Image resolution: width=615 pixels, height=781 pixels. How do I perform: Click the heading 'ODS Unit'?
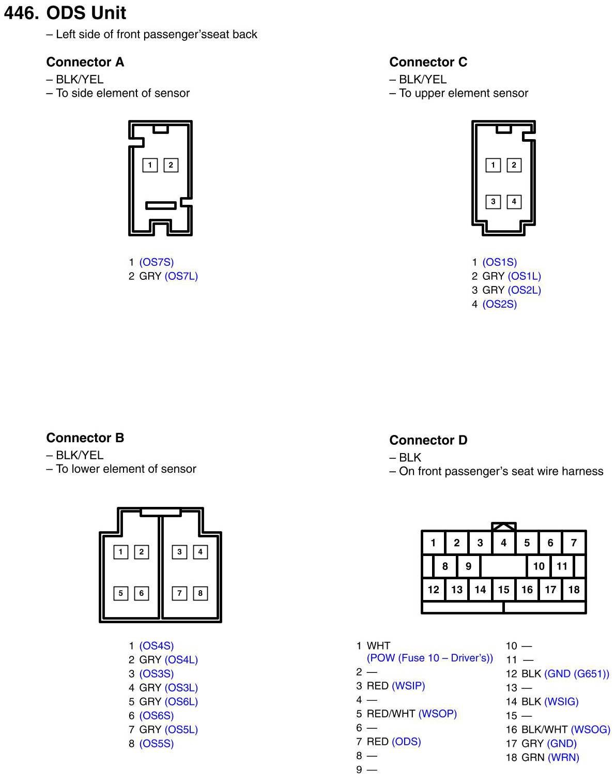tap(86, 13)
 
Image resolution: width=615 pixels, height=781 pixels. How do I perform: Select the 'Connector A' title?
tap(85, 62)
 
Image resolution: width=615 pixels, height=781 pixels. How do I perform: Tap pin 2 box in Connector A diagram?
tap(171, 165)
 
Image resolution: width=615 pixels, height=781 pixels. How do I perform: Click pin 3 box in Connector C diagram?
tap(493, 201)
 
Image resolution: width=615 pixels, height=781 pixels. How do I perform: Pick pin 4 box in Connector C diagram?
tap(514, 201)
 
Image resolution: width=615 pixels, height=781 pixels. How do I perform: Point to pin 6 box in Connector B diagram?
tap(141, 593)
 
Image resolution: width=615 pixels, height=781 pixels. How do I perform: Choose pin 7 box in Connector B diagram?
tap(179, 593)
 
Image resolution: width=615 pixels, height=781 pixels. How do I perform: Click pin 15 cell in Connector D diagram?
tap(503, 589)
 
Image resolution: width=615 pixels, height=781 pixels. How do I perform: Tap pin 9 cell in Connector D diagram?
tap(468, 566)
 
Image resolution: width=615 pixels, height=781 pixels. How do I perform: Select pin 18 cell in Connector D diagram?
tap(574, 589)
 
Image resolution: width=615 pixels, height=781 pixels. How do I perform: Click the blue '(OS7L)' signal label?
tap(181, 276)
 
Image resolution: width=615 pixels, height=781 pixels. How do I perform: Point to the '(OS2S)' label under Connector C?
tap(499, 304)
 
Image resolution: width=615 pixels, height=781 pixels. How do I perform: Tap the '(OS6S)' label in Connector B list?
tap(156, 716)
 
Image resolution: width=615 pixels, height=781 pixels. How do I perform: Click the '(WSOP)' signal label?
tap(437, 714)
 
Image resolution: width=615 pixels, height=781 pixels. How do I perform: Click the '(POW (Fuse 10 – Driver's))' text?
tap(429, 658)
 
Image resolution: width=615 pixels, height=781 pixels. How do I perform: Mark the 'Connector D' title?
tap(428, 440)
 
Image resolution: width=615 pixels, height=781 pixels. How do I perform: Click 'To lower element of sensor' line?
tap(126, 469)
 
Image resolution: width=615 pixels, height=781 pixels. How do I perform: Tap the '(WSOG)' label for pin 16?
tap(590, 730)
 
